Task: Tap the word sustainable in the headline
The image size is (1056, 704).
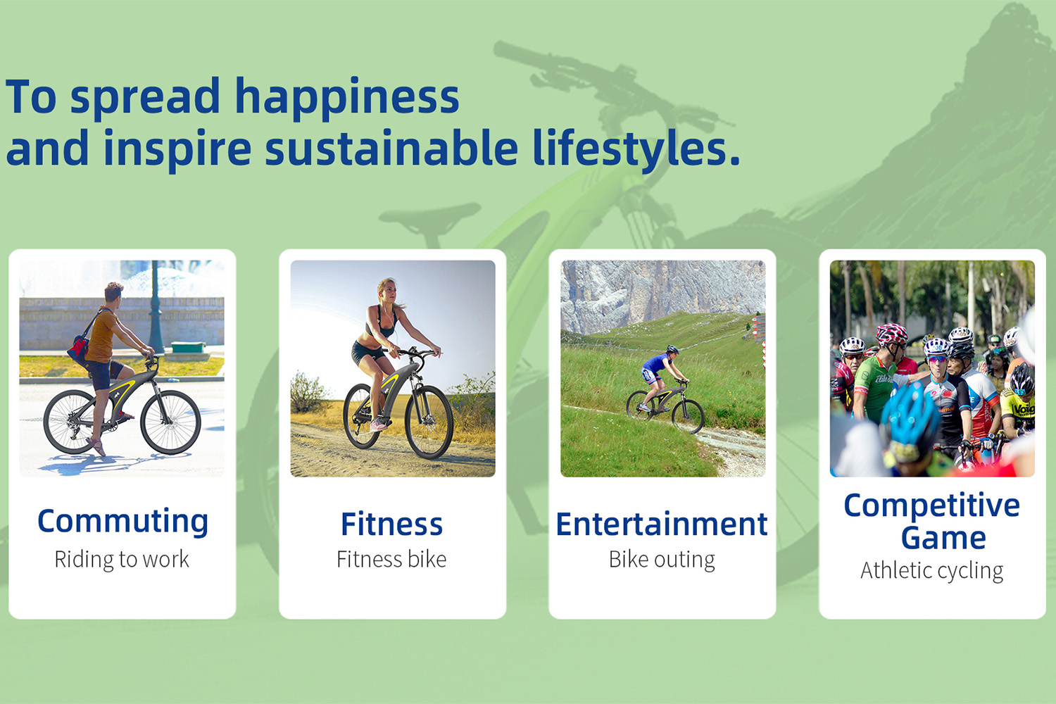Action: (x=391, y=149)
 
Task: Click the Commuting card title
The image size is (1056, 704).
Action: (x=122, y=522)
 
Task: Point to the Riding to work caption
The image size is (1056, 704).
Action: (x=122, y=560)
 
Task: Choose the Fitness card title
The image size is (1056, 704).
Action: (x=391, y=524)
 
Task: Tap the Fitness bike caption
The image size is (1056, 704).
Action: (x=391, y=560)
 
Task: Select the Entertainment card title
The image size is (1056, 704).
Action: (x=662, y=524)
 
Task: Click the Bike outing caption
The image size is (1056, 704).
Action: (x=662, y=560)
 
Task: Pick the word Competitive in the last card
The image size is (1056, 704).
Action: (x=931, y=505)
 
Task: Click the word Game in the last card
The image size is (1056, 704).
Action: (x=943, y=539)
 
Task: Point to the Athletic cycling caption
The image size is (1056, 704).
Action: (x=931, y=570)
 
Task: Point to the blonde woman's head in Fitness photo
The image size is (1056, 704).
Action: (x=386, y=289)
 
